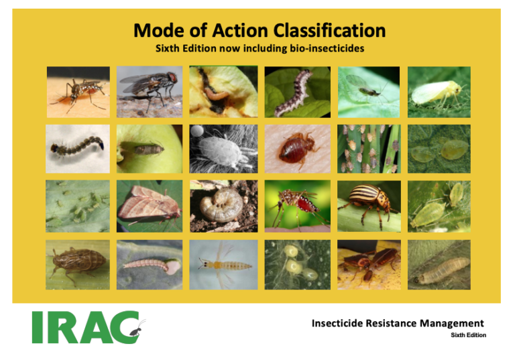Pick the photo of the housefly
(x=150, y=92)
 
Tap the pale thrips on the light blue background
(x=223, y=264)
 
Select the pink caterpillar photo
(x=150, y=264)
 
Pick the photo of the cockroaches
(x=369, y=264)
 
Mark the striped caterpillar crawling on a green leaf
(x=297, y=92)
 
